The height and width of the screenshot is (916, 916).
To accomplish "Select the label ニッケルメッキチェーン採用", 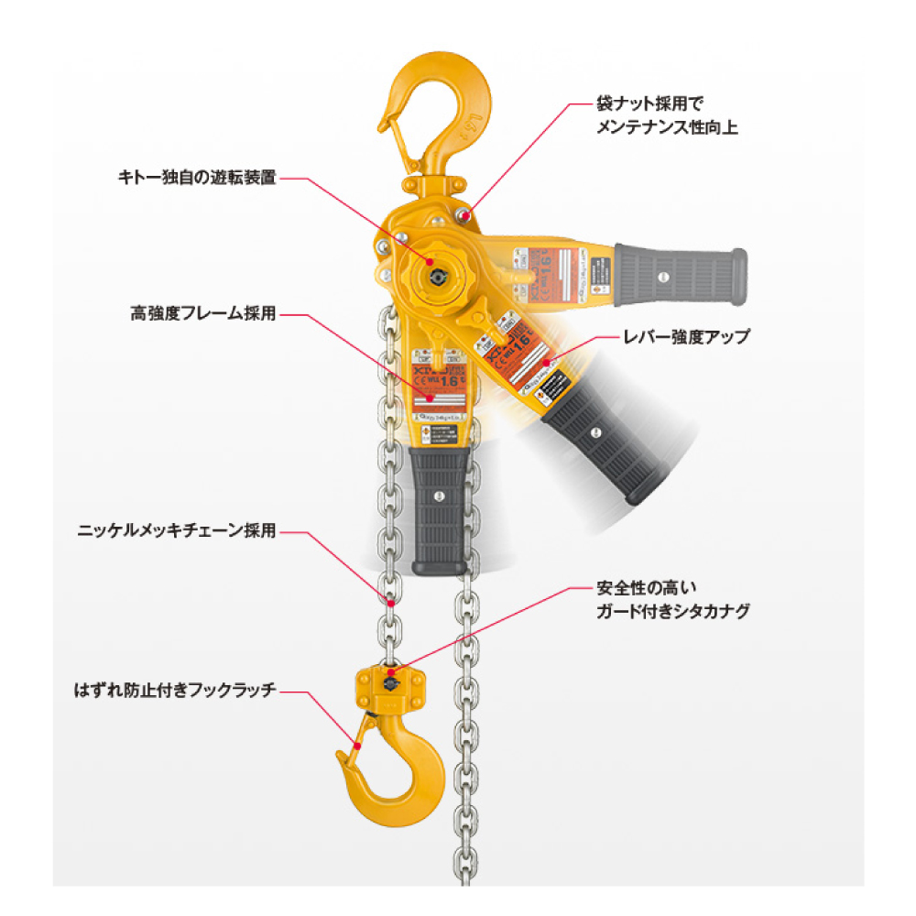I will pos(177,530).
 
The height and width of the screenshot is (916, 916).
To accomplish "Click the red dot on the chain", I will pos(391,604).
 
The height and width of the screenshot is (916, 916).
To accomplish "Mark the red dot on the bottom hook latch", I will pos(356,747).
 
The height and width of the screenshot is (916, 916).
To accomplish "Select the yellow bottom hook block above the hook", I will pos(391,687).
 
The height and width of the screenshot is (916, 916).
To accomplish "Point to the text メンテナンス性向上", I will pos(666,127).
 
